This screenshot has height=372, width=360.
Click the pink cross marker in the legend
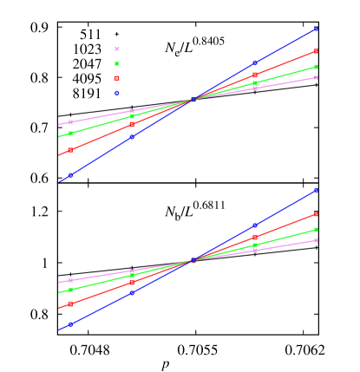point(116,49)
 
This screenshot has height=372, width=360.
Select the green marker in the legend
point(116,63)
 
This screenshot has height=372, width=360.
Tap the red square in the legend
point(116,78)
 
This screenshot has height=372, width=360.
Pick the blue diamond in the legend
point(116,93)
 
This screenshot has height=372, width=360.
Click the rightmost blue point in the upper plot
point(316,28)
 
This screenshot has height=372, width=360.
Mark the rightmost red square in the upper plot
point(316,51)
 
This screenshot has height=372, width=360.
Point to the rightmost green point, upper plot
point(316,67)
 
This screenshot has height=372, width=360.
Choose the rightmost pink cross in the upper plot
point(316,78)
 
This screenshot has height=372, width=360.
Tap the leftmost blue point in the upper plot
point(70,176)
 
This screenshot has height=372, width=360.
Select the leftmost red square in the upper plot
point(70,150)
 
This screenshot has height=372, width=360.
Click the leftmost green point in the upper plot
point(70,134)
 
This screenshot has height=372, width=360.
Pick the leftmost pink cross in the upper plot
point(70,122)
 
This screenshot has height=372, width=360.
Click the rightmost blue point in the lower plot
point(316,190)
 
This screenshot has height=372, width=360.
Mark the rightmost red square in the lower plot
point(316,214)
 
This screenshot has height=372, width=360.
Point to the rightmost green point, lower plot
point(316,230)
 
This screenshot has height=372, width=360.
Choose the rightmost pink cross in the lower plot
point(316,240)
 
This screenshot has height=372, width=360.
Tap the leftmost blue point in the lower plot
point(70,325)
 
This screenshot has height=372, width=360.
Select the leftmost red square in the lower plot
point(70,304)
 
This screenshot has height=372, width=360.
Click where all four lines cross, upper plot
point(193,100)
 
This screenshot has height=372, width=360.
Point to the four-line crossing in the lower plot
point(193,260)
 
